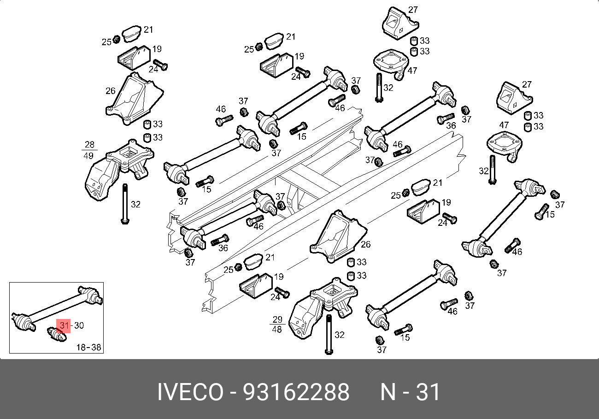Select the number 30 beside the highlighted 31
point(78,326)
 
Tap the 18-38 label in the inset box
point(89,347)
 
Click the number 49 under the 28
point(89,156)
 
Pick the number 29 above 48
point(277,319)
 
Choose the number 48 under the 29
point(277,330)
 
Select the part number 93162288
point(296,392)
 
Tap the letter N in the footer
point(388,392)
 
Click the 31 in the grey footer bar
point(429,392)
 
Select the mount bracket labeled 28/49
point(117,168)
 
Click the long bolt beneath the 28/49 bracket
point(124,203)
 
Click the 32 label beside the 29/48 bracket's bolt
point(339,335)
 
